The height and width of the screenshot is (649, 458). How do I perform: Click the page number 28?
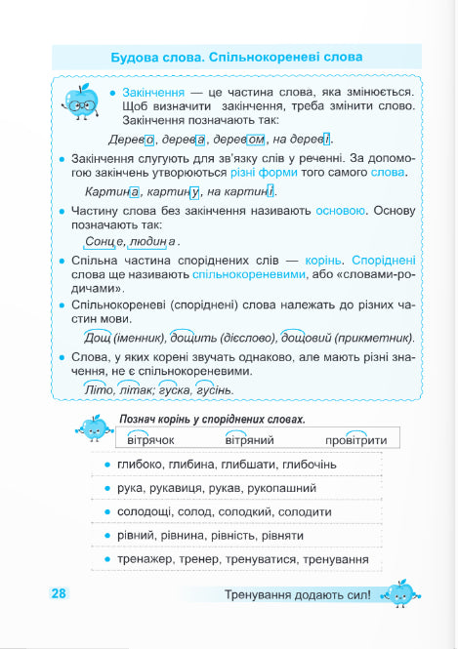point(59,593)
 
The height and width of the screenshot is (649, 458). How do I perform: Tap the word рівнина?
point(202,536)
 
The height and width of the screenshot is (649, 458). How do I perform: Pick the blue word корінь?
point(311,262)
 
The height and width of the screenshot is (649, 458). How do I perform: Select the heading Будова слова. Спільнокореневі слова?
point(237,58)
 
